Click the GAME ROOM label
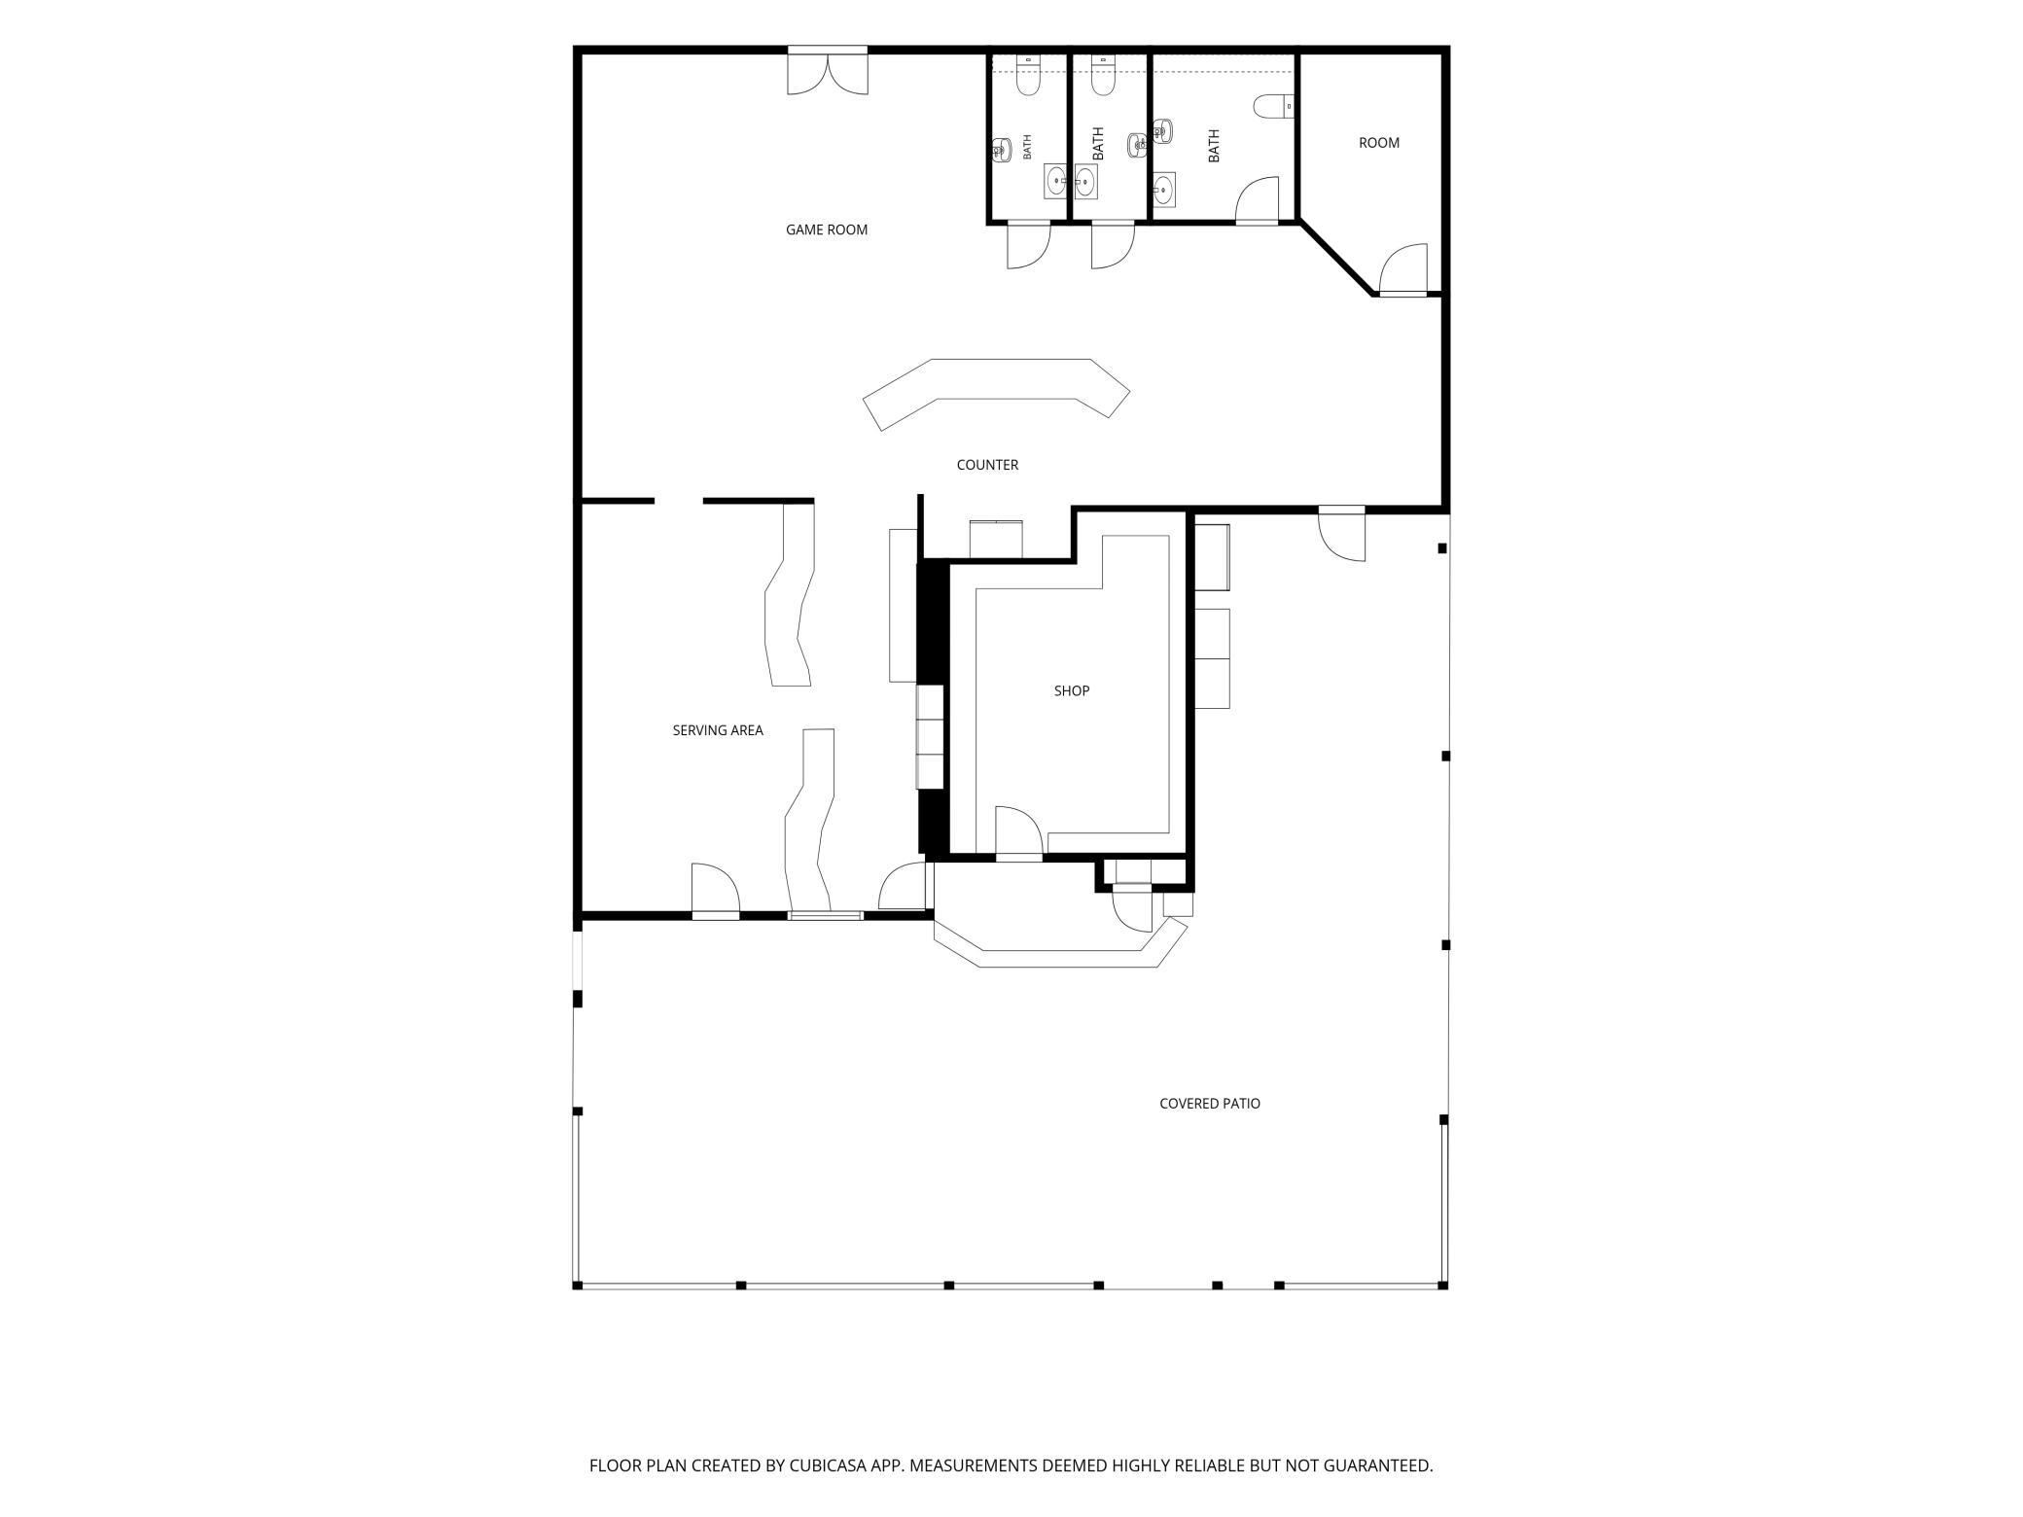pyautogui.click(x=827, y=230)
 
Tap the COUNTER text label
pyautogui.click(x=987, y=466)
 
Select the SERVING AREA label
pyautogui.click(x=718, y=731)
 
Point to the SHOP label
pyautogui.click(x=1072, y=691)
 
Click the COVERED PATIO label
pyautogui.click(x=1210, y=1104)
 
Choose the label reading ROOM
pyautogui.click(x=1379, y=143)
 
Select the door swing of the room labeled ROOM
pyautogui.click(x=1403, y=269)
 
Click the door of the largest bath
pyautogui.click(x=1257, y=201)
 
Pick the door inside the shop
pyautogui.click(x=1018, y=833)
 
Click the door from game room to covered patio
pyautogui.click(x=1342, y=534)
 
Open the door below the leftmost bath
pyautogui.click(x=1029, y=245)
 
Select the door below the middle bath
pyautogui.click(x=1113, y=245)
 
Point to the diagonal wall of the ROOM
pyautogui.click(x=1337, y=259)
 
